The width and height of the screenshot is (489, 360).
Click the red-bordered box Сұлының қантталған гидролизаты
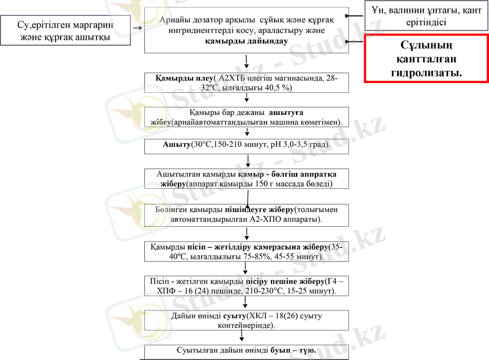pos(426,58)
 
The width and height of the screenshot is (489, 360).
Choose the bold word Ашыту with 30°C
pos(177,144)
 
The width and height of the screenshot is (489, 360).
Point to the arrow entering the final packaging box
pos(242,339)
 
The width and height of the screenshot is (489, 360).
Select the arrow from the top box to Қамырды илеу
pos(246,61)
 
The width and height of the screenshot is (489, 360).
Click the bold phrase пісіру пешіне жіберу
pos(284,282)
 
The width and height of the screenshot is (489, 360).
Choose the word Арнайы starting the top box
pos(173,20)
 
